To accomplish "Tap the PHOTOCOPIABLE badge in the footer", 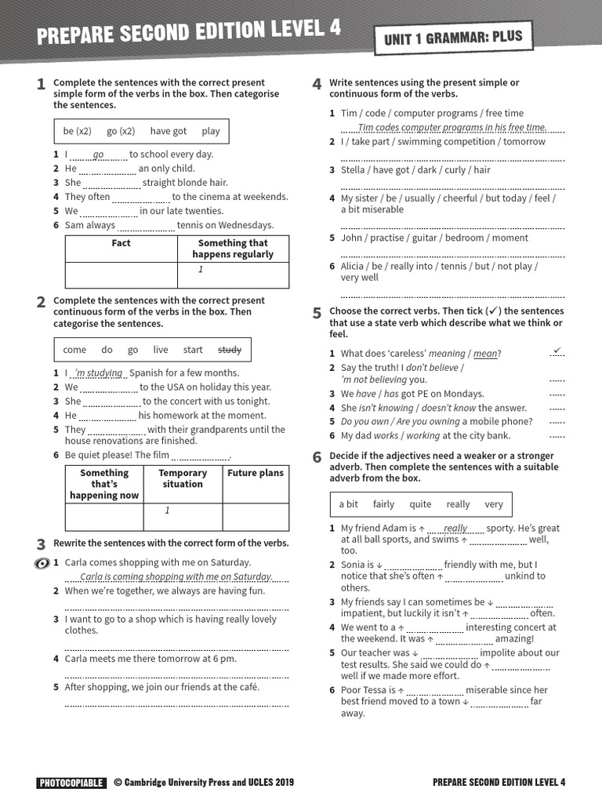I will (x=71, y=782).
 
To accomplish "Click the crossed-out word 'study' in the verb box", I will (x=230, y=350).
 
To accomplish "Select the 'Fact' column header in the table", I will (x=121, y=244).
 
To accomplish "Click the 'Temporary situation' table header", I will (x=183, y=479).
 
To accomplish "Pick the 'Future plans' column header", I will (x=256, y=474).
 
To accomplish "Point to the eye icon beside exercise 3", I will (x=43, y=563).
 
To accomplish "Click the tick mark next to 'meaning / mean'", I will (x=557, y=350).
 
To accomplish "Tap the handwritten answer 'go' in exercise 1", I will (x=99, y=154).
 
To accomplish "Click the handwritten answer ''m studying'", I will (x=99, y=373).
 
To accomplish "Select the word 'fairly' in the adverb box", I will (x=383, y=504).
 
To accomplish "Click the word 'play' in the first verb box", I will (x=211, y=131).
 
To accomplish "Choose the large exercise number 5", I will (x=317, y=314).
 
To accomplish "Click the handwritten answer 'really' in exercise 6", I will (x=455, y=529).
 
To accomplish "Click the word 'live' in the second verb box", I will (x=161, y=350).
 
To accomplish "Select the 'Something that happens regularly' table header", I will (x=233, y=249).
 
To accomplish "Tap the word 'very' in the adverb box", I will (x=494, y=504).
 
